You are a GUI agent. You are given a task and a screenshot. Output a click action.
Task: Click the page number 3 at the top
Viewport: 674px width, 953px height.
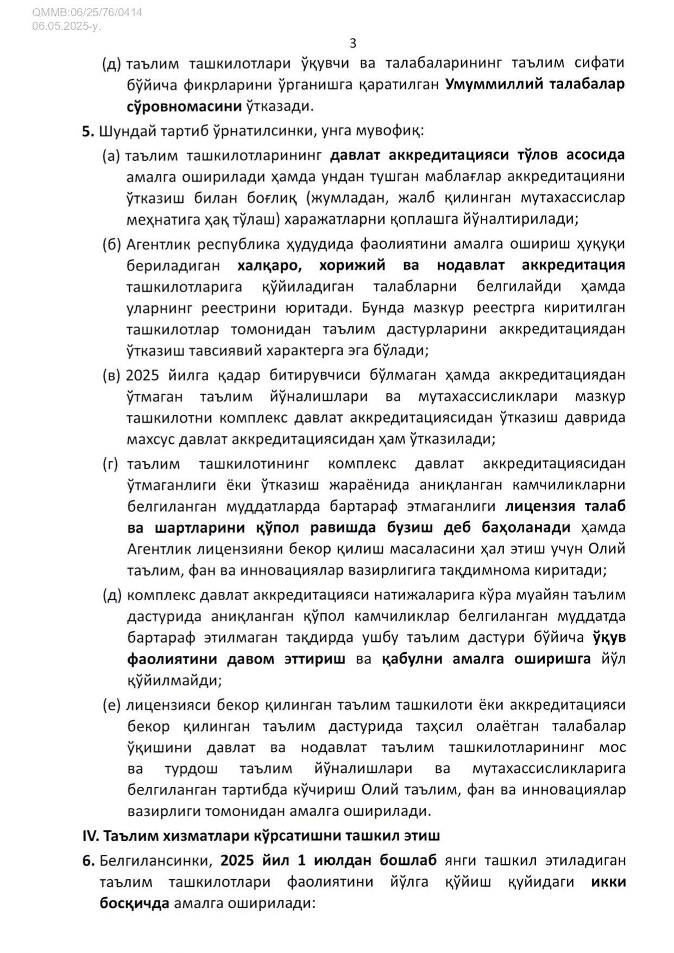click(x=353, y=43)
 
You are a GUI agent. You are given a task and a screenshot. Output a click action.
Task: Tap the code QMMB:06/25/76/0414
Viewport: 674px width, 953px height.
click(x=87, y=12)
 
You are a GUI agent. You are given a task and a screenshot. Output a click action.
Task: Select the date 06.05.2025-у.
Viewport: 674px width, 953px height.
click(x=66, y=26)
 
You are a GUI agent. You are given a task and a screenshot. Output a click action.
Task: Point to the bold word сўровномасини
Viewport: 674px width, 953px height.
click(x=184, y=106)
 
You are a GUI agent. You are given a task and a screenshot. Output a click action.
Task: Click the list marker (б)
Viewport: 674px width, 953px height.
click(x=112, y=244)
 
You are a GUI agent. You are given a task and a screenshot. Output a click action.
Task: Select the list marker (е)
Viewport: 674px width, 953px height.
click(x=112, y=705)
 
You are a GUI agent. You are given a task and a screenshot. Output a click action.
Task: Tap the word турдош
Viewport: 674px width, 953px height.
click(x=191, y=769)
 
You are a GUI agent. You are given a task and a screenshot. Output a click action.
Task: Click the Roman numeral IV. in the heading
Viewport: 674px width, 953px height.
click(x=90, y=836)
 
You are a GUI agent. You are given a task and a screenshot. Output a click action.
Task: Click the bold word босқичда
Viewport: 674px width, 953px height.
click(x=134, y=904)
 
